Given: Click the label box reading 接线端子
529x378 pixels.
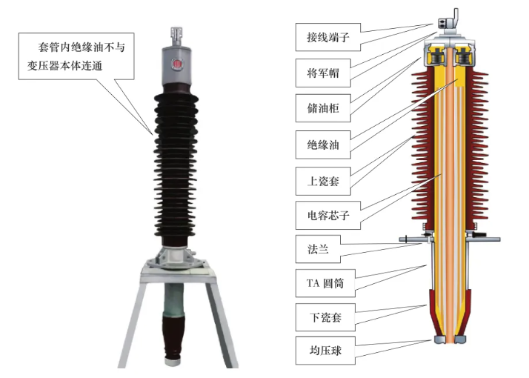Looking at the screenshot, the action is [x=328, y=37].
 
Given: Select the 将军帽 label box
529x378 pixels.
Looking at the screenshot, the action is [x=323, y=73].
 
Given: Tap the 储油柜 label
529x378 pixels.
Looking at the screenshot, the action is [x=323, y=108].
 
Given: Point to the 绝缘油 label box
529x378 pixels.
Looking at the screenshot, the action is [x=323, y=145].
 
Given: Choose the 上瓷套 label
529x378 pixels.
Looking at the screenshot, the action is [x=323, y=181].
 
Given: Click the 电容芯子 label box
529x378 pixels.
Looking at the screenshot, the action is [x=328, y=216].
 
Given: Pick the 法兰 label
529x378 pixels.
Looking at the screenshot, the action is [x=318, y=249].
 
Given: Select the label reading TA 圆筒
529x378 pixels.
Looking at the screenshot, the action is [x=325, y=283].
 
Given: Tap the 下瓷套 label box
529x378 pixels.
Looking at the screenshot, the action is [x=325, y=317].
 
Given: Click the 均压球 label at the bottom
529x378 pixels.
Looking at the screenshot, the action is [x=325, y=351].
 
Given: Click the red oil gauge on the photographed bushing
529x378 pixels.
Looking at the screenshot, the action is [x=177, y=64].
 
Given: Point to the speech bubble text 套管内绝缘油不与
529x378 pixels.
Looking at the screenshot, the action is [x=81, y=47].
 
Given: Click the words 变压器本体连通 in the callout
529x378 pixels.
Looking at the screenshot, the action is [x=64, y=65].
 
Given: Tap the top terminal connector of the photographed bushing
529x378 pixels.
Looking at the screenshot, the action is [x=176, y=37].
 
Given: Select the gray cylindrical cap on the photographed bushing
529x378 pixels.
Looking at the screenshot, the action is [x=176, y=67].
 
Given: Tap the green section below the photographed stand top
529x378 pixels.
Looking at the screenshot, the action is [x=175, y=299].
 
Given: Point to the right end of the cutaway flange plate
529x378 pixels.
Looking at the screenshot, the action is [x=499, y=239].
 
